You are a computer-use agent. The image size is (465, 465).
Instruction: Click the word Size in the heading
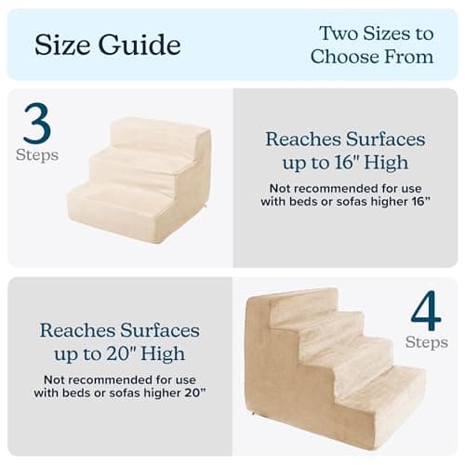[x=62, y=45]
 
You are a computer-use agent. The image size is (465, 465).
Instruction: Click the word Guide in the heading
[x=139, y=45]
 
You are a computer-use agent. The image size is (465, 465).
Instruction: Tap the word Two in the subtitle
[x=339, y=33]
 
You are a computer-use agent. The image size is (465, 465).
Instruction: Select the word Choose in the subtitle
[x=344, y=57]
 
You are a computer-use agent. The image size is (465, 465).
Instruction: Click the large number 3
[x=37, y=124]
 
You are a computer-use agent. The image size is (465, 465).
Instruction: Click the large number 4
[x=426, y=311]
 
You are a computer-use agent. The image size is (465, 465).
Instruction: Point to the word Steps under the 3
[x=37, y=154]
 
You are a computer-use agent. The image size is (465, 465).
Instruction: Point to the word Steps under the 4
[x=427, y=342]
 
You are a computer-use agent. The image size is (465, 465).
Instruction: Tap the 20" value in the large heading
[x=119, y=353]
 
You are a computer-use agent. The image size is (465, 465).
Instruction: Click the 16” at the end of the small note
[x=421, y=202]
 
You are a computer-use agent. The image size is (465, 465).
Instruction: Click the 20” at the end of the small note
[x=195, y=392]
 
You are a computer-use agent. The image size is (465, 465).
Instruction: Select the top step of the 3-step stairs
[x=158, y=132]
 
